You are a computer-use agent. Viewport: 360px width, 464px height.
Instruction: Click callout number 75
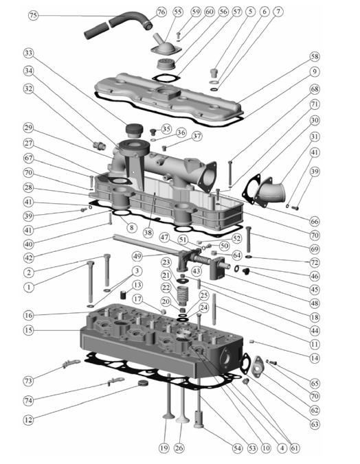pyautogui.click(x=34, y=15)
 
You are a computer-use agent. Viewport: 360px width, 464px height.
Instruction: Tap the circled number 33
pyautogui.click(x=28, y=54)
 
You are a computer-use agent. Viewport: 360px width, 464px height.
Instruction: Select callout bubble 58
pyautogui.click(x=315, y=56)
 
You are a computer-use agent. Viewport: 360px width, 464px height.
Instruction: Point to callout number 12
pyautogui.click(x=28, y=419)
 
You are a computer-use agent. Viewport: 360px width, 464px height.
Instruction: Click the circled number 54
pyautogui.click(x=237, y=448)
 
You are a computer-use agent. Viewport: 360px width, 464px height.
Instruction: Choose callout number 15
pyautogui.click(x=28, y=330)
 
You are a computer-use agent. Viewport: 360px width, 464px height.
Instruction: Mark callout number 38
pyautogui.click(x=148, y=233)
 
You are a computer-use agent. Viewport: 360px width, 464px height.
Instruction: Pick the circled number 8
pyautogui.click(x=131, y=227)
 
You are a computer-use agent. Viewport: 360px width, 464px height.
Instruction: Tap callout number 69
pyautogui.click(x=315, y=249)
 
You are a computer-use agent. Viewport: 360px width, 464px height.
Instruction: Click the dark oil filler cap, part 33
pyautogui.click(x=134, y=130)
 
